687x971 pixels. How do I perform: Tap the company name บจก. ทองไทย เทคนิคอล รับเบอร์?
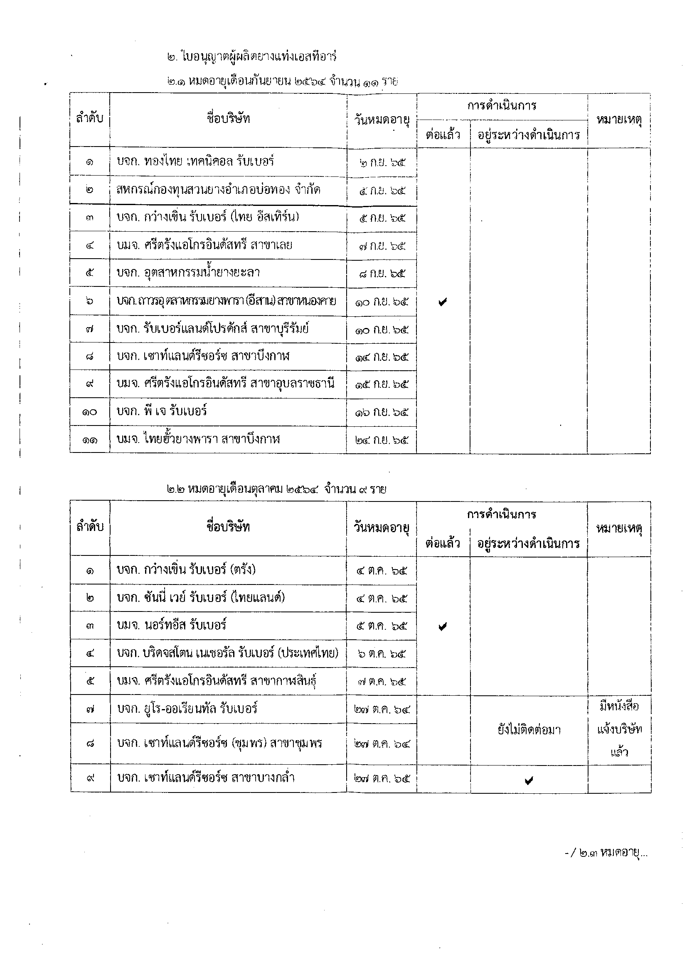point(195,161)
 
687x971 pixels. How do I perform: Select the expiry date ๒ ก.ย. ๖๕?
point(382,162)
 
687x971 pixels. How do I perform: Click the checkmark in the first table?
point(443,302)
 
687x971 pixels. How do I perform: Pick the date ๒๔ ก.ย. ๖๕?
point(382,440)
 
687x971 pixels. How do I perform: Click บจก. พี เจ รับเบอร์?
point(162,411)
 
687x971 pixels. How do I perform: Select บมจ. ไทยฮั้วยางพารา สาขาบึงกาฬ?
point(198,439)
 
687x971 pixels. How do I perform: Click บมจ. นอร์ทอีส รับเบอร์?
point(171,625)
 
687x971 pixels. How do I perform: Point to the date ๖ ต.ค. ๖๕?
point(382,653)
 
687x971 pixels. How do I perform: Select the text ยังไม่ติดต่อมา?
point(529,729)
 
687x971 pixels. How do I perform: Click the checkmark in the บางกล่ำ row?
point(528,780)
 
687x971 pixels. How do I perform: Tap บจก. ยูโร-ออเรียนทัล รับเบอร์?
point(187,708)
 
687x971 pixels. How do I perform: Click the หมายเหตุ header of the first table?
point(619,120)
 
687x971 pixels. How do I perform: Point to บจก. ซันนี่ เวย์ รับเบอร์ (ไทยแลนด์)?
point(201,597)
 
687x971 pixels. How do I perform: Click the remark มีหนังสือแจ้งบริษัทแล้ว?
point(619,729)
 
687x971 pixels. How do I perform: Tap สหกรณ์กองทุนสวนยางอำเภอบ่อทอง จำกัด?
point(218,189)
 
